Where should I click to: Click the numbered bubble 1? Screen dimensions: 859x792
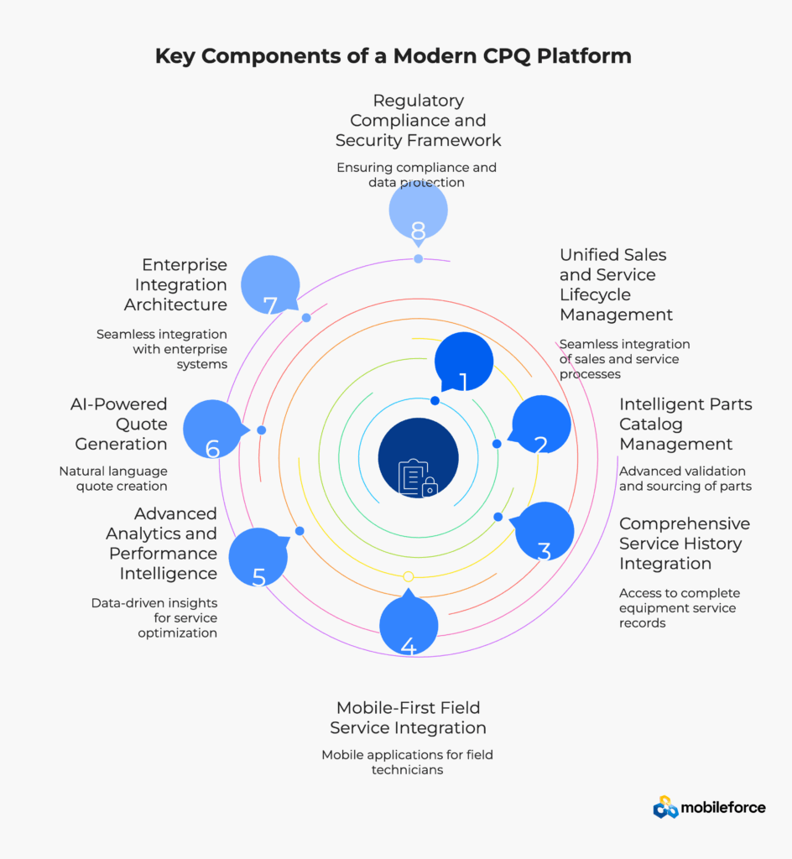[463, 362]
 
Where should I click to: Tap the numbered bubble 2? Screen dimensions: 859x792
[541, 425]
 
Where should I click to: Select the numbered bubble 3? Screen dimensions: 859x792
[544, 532]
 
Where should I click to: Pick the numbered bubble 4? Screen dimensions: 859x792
[409, 625]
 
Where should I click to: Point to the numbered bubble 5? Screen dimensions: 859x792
[258, 557]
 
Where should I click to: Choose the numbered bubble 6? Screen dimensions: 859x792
[212, 429]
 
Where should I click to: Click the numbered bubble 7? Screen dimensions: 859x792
[270, 285]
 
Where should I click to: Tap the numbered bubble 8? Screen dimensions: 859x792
[418, 211]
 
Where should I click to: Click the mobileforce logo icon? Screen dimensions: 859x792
[665, 807]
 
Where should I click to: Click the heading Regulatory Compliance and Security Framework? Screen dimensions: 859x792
[418, 120]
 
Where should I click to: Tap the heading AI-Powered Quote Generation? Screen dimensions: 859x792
[118, 424]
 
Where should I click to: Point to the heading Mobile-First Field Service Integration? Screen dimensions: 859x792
[408, 717]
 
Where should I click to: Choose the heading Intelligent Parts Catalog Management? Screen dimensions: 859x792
[685, 424]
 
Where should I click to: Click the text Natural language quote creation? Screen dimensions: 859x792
[113, 478]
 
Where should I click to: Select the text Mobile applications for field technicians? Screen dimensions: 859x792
[408, 762]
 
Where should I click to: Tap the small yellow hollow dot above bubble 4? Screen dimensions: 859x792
[408, 576]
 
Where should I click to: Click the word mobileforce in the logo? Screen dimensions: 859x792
[723, 808]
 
